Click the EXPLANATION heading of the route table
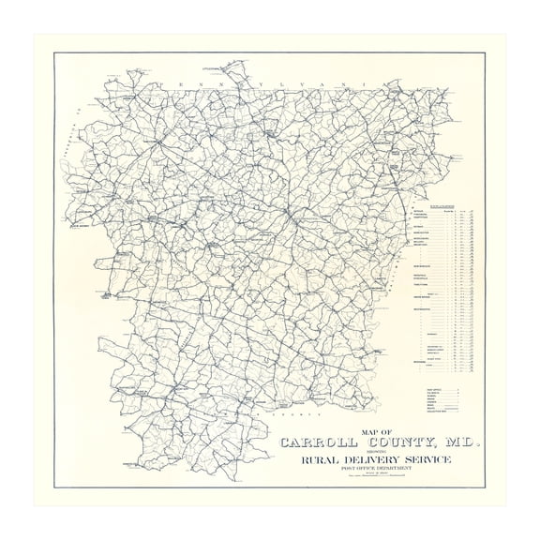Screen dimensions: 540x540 point(442,203)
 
